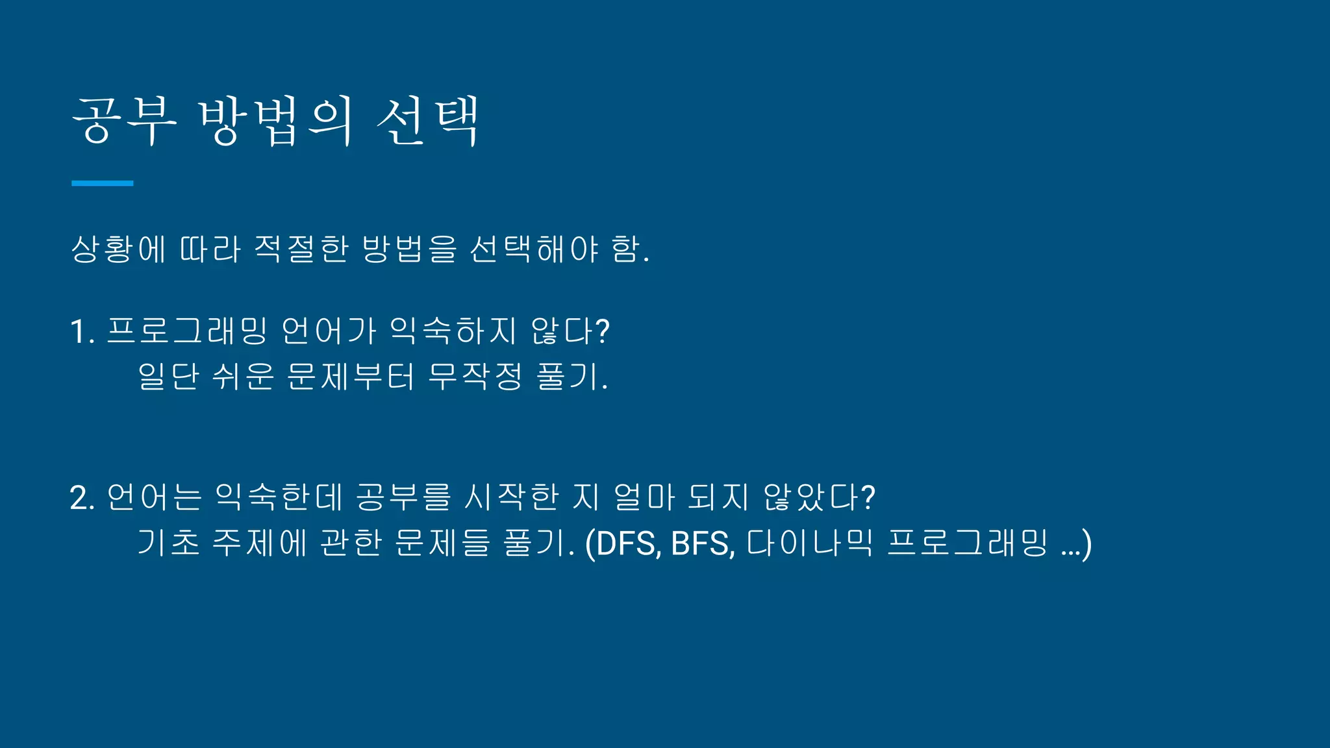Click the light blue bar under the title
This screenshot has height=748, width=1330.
(x=102, y=184)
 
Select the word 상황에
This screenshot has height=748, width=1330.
(x=118, y=249)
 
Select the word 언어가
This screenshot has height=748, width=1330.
(x=329, y=331)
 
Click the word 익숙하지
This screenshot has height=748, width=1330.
(x=453, y=331)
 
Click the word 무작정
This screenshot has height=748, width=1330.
(x=475, y=377)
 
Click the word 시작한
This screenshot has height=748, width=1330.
(x=512, y=498)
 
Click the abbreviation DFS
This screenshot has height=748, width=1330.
(x=626, y=543)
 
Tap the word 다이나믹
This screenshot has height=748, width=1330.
(x=810, y=543)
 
